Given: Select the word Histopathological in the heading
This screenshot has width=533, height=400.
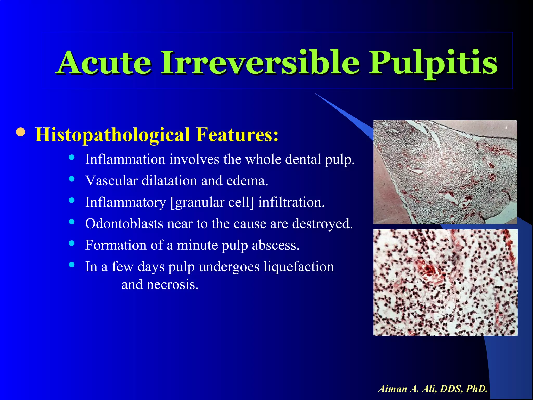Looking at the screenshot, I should (112, 135).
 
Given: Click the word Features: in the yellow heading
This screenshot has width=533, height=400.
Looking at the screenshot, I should (237, 135).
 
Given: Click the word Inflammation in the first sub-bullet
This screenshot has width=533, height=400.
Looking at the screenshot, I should (125, 159).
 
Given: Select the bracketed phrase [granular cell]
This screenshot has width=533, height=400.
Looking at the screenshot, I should (212, 202).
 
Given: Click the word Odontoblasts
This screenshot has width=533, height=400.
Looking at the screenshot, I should (124, 224).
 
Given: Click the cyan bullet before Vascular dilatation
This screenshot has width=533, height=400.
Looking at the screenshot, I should (72, 179).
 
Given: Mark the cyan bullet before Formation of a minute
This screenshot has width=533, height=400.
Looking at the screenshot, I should (72, 243).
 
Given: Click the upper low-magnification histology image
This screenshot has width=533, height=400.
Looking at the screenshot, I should (445, 172).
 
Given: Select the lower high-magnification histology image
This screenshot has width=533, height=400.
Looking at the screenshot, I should (445, 282).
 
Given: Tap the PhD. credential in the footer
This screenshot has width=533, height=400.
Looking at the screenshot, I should (477, 389).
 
